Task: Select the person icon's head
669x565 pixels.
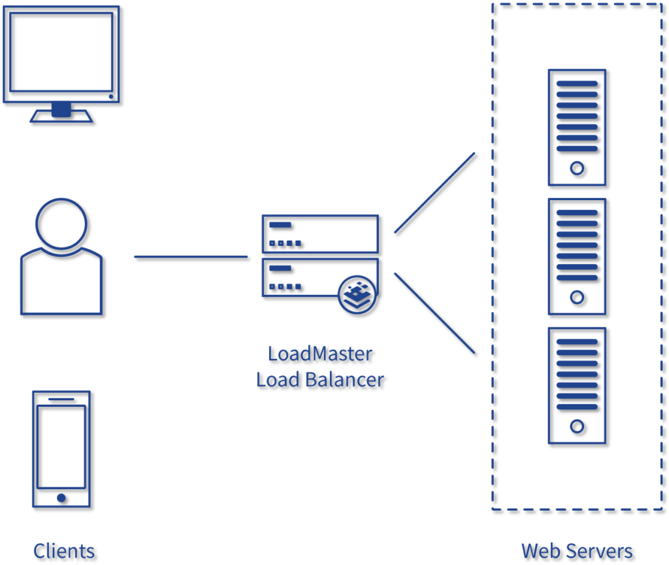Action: coord(61,223)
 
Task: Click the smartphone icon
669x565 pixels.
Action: coord(61,449)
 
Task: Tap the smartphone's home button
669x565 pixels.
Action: coord(61,498)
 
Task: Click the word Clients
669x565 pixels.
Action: coord(64,551)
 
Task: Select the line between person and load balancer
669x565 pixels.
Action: coord(190,256)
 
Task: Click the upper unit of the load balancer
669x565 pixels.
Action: coord(319,233)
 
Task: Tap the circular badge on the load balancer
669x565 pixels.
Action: coord(357,294)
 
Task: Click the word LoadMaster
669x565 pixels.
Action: coord(319,354)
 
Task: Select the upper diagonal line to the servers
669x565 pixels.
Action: coord(434,192)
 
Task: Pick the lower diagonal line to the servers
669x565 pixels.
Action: coord(434,313)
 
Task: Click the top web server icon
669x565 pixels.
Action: coord(577,127)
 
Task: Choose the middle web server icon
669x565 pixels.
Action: coord(577,256)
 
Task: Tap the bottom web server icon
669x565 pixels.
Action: coord(577,385)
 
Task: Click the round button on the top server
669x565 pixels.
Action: coord(577,168)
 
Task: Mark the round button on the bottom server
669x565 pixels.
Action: coord(577,426)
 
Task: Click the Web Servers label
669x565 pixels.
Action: coord(577,551)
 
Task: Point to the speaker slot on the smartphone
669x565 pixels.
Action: coord(61,399)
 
